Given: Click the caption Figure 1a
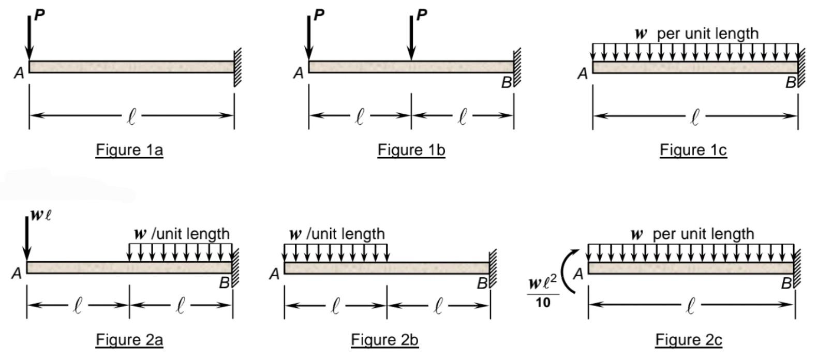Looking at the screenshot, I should click(129, 150).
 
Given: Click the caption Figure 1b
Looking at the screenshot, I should click(411, 150).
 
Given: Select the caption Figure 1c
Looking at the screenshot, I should click(693, 150).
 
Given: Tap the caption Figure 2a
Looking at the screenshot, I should click(129, 340).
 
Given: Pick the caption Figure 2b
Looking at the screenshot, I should click(384, 340).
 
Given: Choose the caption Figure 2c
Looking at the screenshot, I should click(688, 340).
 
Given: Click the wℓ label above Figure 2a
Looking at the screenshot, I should click(40, 215).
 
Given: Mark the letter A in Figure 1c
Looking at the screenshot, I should click(583, 74).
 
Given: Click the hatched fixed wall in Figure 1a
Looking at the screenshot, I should click(237, 67).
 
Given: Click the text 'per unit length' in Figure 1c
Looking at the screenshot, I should click(707, 34).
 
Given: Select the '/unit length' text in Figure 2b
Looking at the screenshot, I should click(346, 234).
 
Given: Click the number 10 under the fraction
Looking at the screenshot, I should click(543, 302).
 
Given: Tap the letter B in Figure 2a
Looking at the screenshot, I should click(224, 283).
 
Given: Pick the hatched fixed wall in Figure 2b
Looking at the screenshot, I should click(493, 268).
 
